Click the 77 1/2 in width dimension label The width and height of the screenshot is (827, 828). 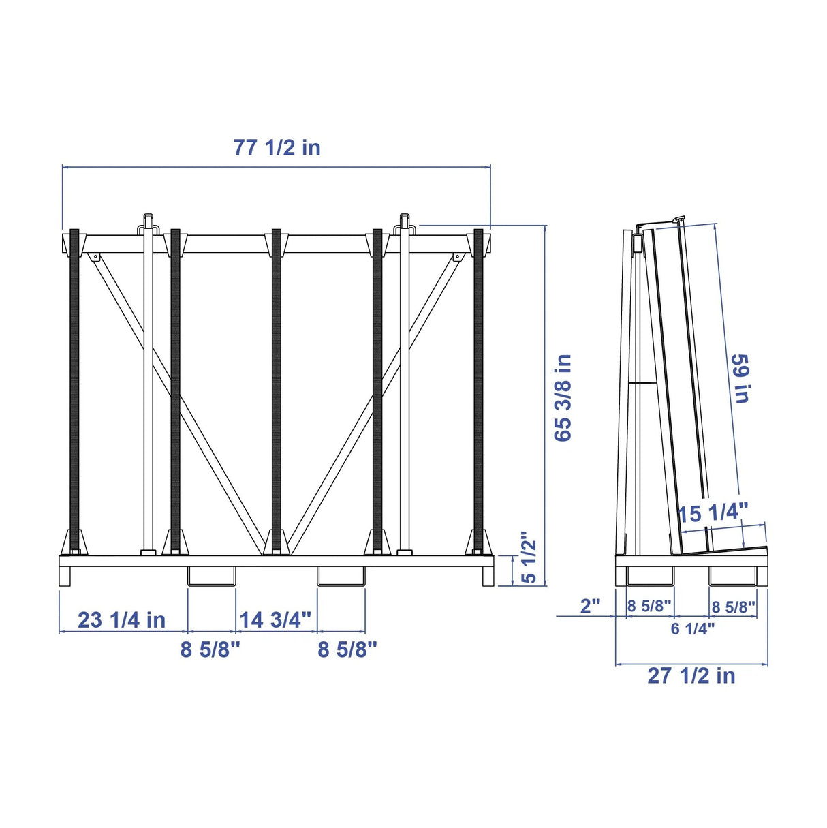click(x=277, y=147)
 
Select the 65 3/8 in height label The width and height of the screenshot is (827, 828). click(x=563, y=397)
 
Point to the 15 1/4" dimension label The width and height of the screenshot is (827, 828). click(x=713, y=513)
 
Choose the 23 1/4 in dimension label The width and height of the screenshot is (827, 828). click(x=121, y=620)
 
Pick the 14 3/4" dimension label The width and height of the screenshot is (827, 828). click(x=275, y=620)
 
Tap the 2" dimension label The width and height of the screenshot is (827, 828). click(x=590, y=607)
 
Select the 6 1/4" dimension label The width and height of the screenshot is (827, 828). click(x=693, y=629)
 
